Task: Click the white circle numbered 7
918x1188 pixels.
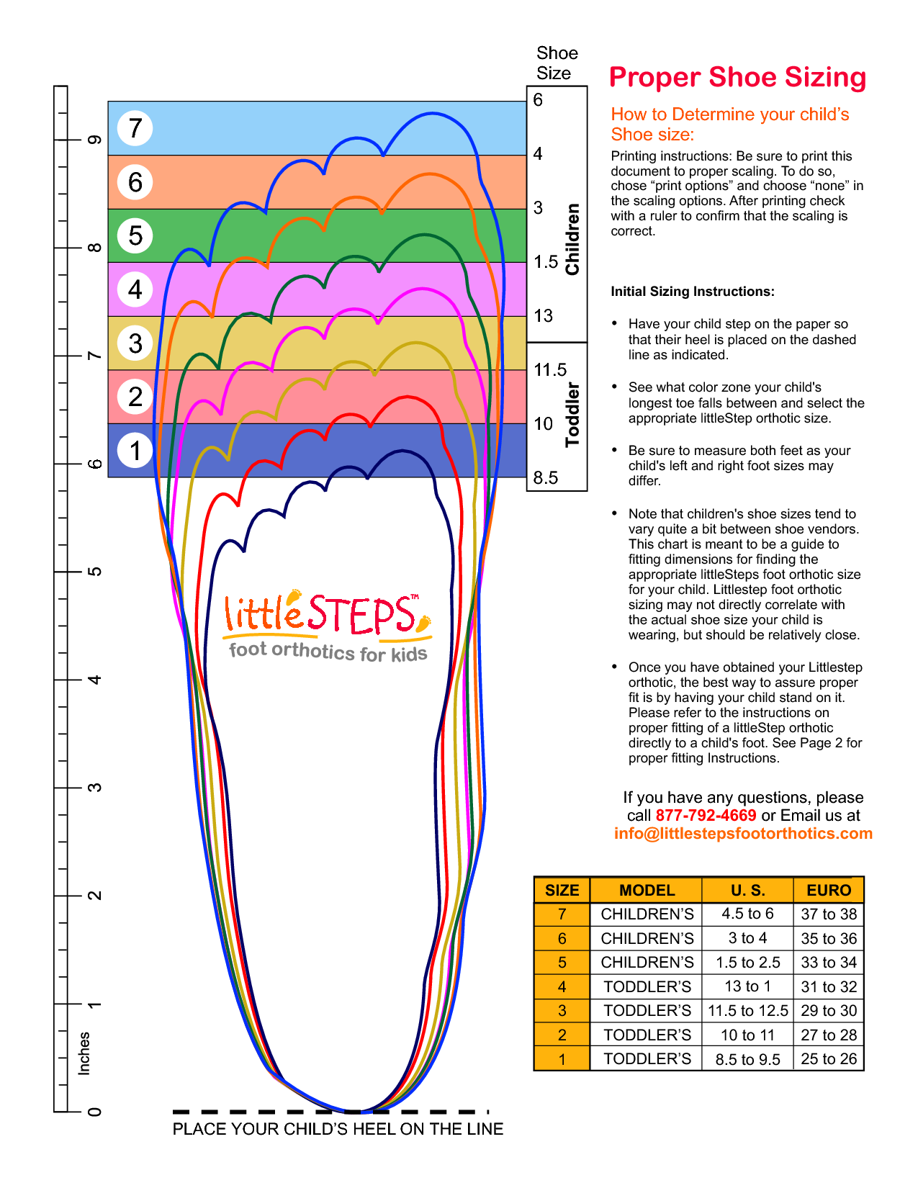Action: click(135, 129)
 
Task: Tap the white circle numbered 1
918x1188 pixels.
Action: click(135, 451)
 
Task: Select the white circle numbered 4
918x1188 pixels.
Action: click(135, 289)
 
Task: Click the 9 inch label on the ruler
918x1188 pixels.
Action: click(94, 140)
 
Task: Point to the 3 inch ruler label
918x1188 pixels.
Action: click(94, 788)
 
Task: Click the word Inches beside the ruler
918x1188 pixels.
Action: click(84, 1053)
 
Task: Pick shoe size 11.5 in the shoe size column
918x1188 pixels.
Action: click(550, 370)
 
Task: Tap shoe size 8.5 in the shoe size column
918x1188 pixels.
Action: click(546, 478)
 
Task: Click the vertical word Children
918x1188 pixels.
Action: click(572, 239)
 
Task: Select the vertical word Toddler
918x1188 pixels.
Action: click(572, 415)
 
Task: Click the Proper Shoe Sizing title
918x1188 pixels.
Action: click(737, 77)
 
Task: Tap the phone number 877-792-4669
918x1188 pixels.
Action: click(706, 816)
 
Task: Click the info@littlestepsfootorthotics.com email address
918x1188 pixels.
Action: click(743, 834)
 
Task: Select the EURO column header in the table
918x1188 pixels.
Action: click(829, 891)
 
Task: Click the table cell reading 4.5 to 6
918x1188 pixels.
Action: click(747, 914)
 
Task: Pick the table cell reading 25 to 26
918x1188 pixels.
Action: click(829, 1059)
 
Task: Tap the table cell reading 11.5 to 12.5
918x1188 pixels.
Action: click(747, 1011)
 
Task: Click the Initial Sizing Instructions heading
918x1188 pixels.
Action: click(693, 292)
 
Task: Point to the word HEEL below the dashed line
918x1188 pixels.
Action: click(371, 1129)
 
